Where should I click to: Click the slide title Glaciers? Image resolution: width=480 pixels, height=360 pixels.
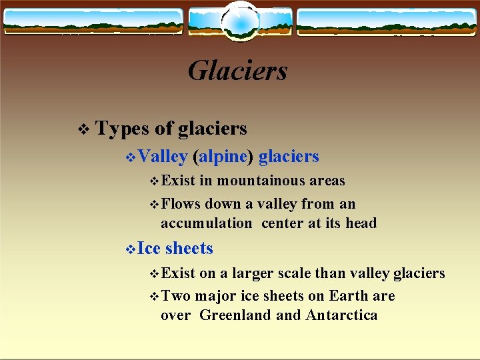(x=237, y=71)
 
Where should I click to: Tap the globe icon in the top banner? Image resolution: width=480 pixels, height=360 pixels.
(x=239, y=21)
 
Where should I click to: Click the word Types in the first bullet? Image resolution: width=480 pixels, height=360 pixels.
(x=122, y=128)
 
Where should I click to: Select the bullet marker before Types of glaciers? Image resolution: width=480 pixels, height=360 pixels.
(x=83, y=129)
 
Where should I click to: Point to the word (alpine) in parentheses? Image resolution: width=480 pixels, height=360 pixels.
(x=223, y=157)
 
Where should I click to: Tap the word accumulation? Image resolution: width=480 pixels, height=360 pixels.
(x=206, y=223)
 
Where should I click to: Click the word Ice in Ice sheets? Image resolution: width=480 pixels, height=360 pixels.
(x=150, y=249)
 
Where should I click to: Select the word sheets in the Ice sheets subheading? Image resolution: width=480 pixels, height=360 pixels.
(x=189, y=249)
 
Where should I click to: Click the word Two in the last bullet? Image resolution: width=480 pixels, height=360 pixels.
(x=175, y=296)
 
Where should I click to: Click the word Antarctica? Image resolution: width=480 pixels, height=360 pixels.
(x=341, y=315)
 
